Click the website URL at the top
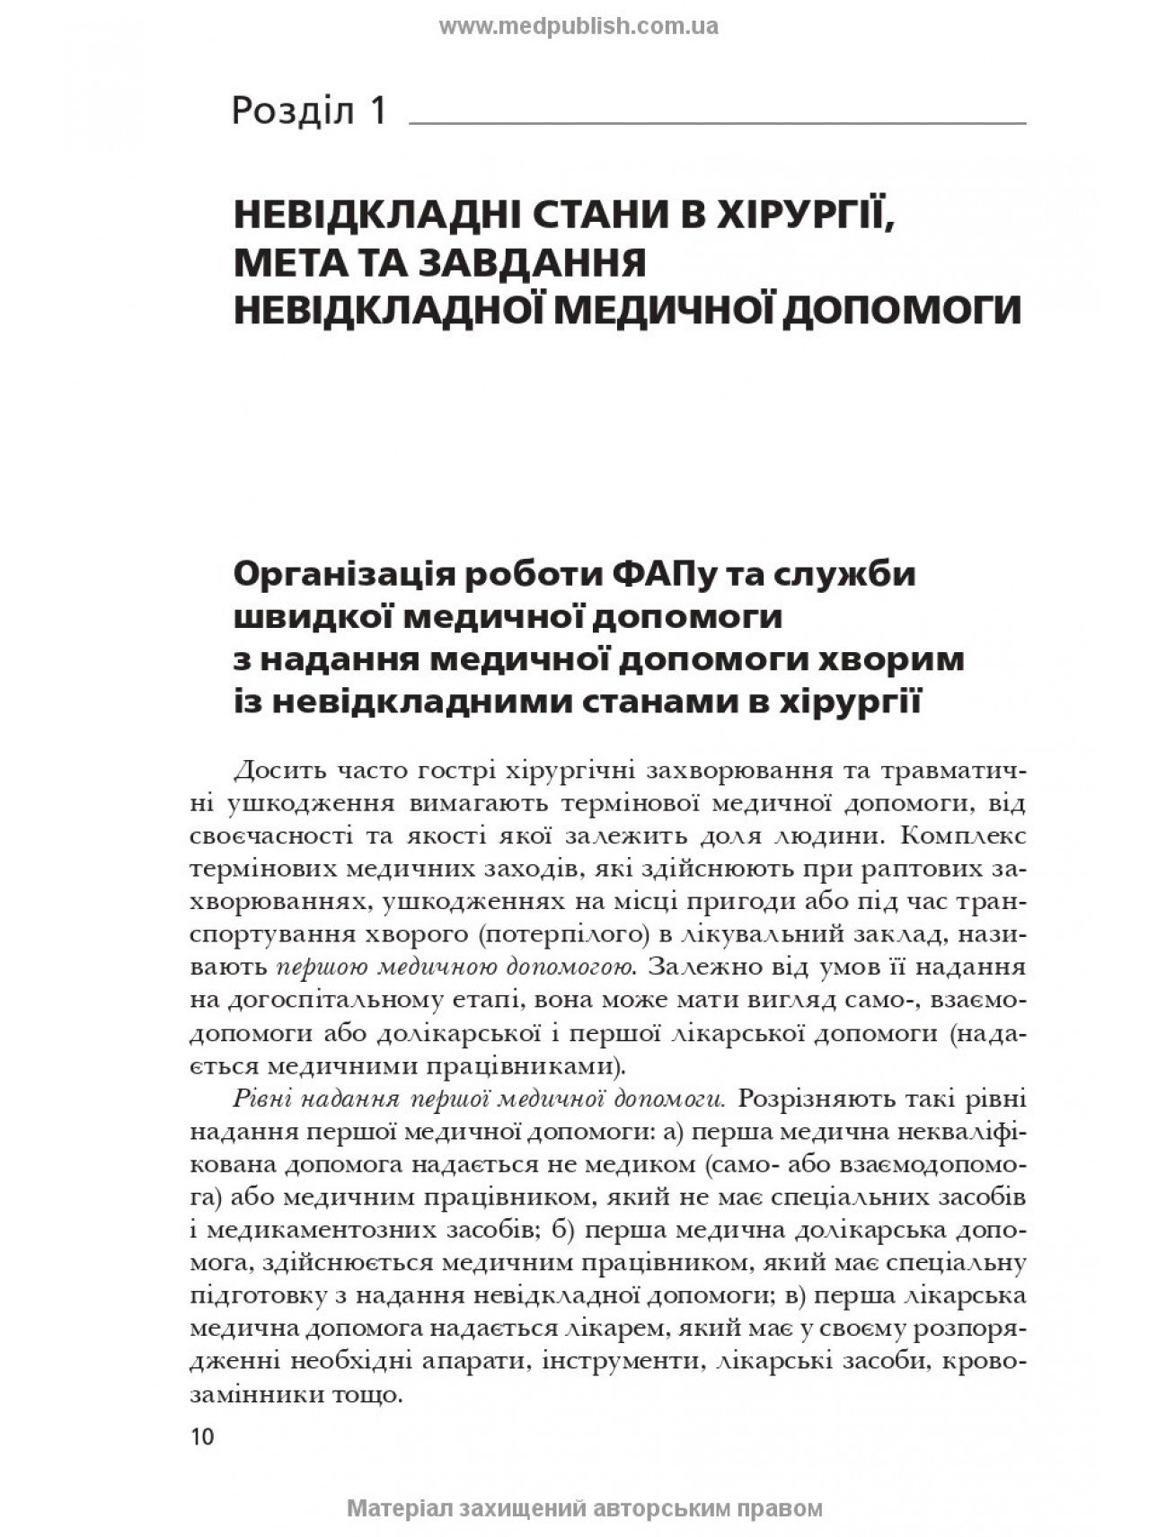[x=578, y=26]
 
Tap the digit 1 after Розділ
[x=376, y=110]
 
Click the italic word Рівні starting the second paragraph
[x=261, y=1098]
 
